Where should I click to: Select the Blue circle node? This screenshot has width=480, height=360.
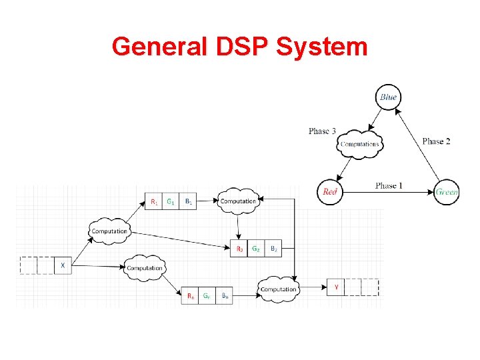(388, 97)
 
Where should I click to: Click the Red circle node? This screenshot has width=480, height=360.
(330, 192)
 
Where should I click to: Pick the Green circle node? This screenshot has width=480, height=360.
(447, 192)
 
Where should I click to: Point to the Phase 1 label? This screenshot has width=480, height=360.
(389, 185)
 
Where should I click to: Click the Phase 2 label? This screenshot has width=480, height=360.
(437, 141)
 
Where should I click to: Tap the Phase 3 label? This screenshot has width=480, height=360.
(322, 131)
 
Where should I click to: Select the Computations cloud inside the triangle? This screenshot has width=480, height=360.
(360, 144)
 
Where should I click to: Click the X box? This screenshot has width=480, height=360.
(63, 265)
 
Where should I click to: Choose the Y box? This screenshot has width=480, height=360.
(336, 287)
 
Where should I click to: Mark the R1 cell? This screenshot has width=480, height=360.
(154, 201)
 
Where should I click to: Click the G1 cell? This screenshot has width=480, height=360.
(171, 201)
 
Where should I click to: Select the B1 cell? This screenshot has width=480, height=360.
(189, 201)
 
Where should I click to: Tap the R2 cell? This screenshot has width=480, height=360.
(239, 249)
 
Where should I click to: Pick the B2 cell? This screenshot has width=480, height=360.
(274, 249)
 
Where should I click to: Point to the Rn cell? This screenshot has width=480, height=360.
(191, 296)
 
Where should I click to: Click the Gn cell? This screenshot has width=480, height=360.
(208, 296)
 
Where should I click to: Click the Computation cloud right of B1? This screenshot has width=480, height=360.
(238, 201)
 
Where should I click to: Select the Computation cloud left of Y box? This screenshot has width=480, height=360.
(279, 289)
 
